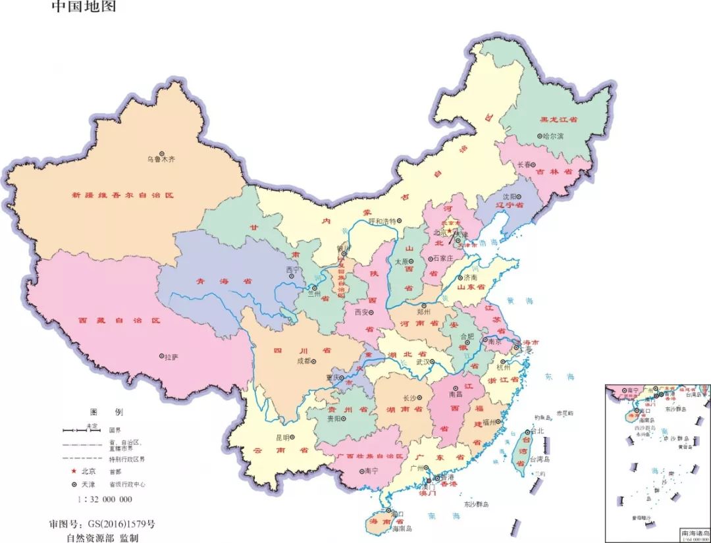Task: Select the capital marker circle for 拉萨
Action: coord(161,356)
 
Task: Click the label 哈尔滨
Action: coord(553,136)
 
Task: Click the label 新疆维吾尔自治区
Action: coord(122,195)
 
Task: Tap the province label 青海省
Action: coord(215,280)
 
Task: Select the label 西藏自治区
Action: coord(119,321)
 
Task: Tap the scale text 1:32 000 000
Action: coord(105,499)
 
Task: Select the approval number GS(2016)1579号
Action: coord(102,525)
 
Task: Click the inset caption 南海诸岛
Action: coord(694,531)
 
